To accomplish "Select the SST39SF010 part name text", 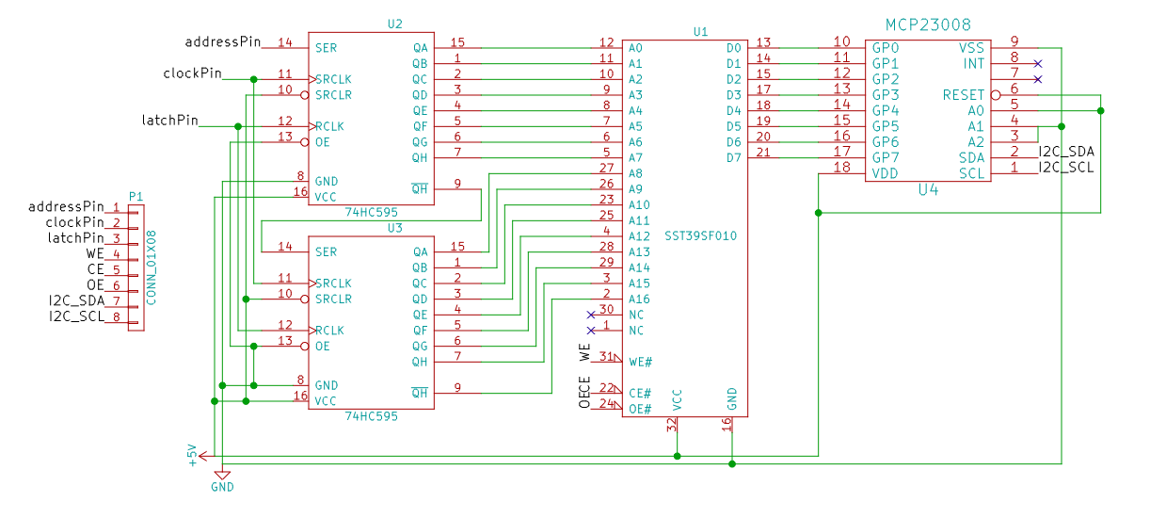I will (700, 235).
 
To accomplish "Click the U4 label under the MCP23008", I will (928, 189).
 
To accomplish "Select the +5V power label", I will (193, 455).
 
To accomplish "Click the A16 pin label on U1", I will (639, 299).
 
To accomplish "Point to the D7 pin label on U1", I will (733, 156).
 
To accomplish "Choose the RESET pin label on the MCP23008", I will (963, 95).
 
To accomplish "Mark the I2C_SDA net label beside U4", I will (1066, 152).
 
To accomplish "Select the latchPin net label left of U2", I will (170, 121).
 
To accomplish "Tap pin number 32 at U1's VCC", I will (672, 425).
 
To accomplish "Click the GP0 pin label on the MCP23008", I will (886, 47).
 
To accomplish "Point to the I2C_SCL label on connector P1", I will (76, 316).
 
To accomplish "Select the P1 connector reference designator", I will (136, 196).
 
